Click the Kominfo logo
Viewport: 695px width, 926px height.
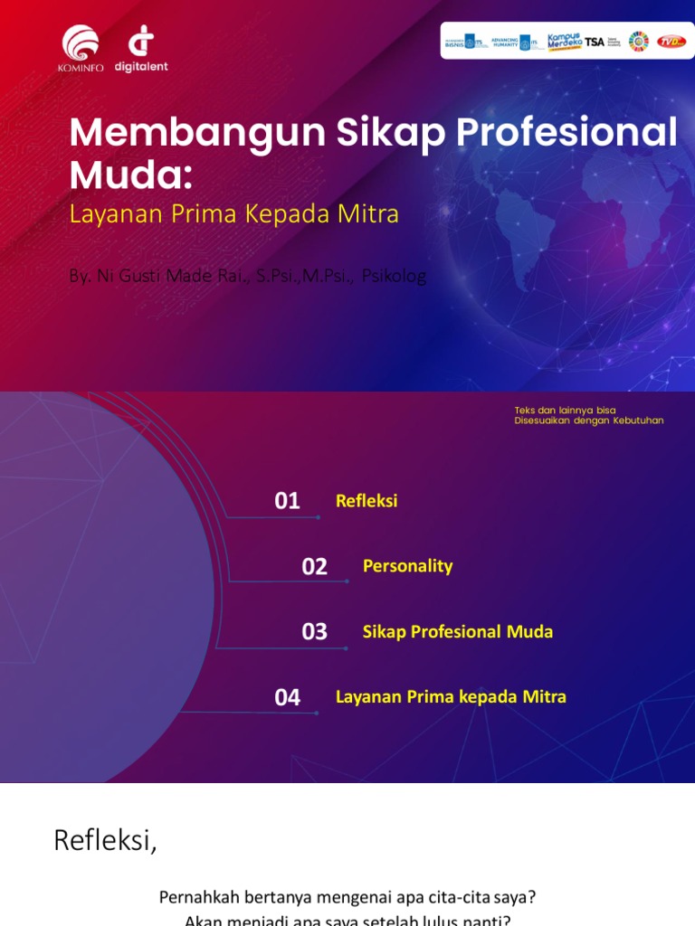[82, 47]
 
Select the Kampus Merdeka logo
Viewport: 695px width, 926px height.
[564, 42]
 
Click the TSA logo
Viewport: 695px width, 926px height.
[595, 42]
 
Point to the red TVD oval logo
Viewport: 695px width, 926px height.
[671, 42]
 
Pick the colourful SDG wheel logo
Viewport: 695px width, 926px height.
[639, 42]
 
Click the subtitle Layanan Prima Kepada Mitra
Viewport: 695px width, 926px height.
[234, 214]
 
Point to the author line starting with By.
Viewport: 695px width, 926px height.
[247, 275]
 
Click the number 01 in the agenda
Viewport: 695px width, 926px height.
[287, 501]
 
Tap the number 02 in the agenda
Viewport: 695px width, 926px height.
[314, 567]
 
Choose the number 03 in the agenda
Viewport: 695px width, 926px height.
[314, 632]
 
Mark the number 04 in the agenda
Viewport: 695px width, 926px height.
[287, 697]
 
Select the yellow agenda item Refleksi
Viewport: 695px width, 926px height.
[367, 501]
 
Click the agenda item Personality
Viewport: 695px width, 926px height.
[407, 566]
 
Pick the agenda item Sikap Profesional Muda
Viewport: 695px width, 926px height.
[457, 631]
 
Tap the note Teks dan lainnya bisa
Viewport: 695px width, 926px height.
[565, 411]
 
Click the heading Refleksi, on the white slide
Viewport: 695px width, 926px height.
[105, 840]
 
